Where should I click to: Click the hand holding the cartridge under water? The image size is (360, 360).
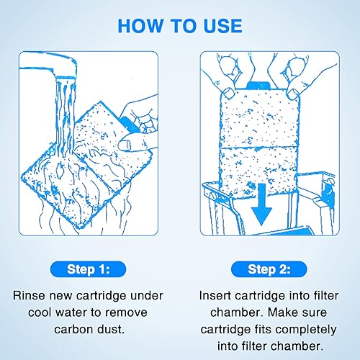[x=140, y=122]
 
